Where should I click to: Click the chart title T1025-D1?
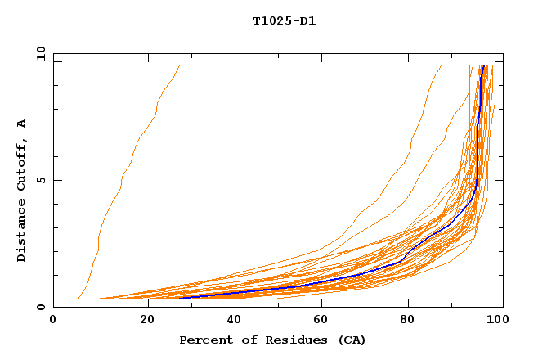284,20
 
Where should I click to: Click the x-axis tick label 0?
53,321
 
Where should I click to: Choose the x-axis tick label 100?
495,321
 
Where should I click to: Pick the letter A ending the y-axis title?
22,124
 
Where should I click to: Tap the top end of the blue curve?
483,67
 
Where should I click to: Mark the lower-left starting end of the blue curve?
181,298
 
